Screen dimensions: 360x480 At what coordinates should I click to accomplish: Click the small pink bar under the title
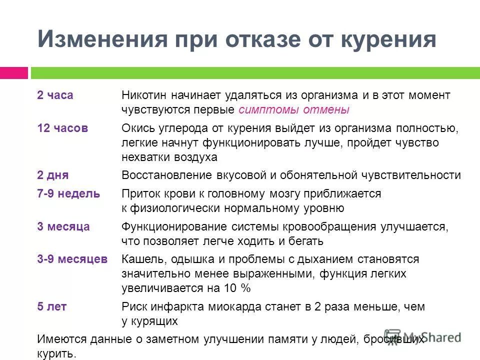(14, 73)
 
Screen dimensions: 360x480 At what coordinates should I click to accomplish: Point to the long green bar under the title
(255, 73)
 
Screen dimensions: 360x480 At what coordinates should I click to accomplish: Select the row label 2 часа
(55, 95)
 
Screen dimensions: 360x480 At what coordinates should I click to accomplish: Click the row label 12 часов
(62, 128)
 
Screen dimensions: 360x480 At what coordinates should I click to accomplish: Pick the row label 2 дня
(52, 175)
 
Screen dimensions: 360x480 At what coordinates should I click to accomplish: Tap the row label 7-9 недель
(68, 193)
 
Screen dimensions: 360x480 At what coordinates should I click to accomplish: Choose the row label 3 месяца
(63, 226)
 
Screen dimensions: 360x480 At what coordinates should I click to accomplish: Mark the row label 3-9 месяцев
(72, 259)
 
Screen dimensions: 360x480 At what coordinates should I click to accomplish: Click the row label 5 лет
(52, 306)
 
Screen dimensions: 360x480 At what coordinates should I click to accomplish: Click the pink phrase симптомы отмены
(294, 109)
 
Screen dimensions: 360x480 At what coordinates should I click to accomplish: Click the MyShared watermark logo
(422, 336)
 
